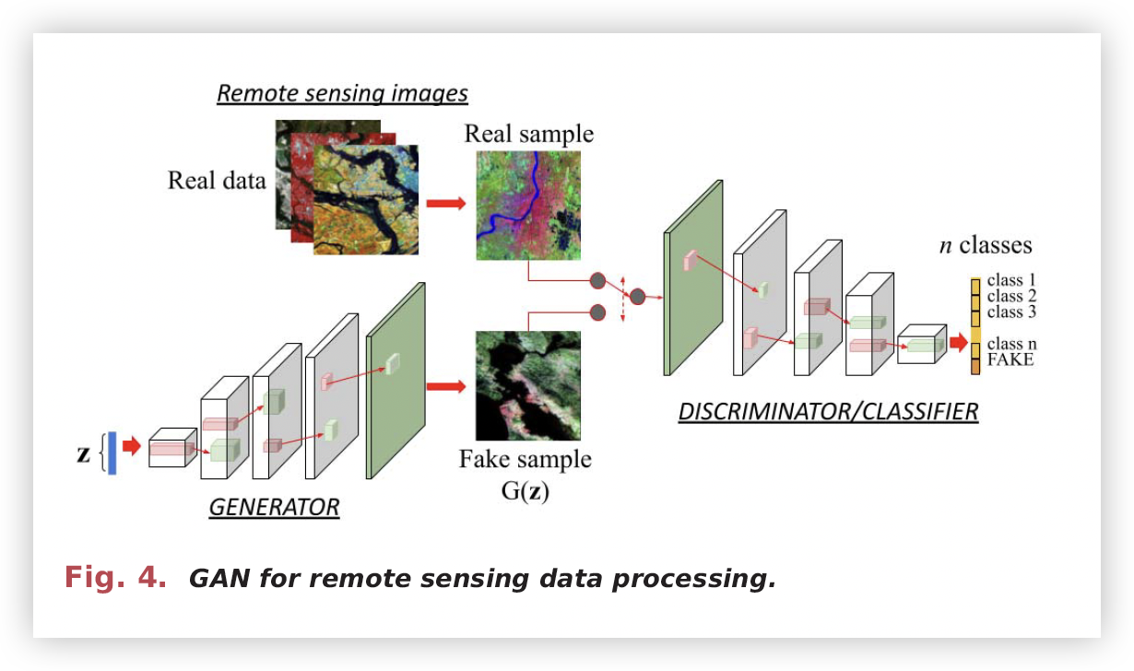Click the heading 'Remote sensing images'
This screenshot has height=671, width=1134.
pos(342,94)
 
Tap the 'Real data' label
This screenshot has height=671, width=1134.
pos(217,180)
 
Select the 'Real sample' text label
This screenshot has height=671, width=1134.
pos(528,134)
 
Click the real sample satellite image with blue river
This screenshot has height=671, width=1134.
pos(528,206)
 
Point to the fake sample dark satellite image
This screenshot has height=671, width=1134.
pos(527,385)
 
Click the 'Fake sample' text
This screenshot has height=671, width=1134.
pos(526,459)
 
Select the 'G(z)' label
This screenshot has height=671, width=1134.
pos(526,490)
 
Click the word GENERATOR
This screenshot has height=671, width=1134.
pos(274,507)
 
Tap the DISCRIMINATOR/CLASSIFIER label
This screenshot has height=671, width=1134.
pos(828,411)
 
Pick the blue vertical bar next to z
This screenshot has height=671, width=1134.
pos(112,453)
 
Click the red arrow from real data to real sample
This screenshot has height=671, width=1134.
pos(446,204)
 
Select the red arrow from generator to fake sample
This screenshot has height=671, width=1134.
pos(446,386)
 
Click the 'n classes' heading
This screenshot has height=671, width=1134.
pos(986,245)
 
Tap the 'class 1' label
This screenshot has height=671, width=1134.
pos(1011,279)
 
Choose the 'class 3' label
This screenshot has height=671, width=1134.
pos(1011,312)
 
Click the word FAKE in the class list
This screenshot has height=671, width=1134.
pos(1010,360)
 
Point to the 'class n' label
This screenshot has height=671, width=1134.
pos(1011,344)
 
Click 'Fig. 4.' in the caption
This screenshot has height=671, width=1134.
pos(115,578)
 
